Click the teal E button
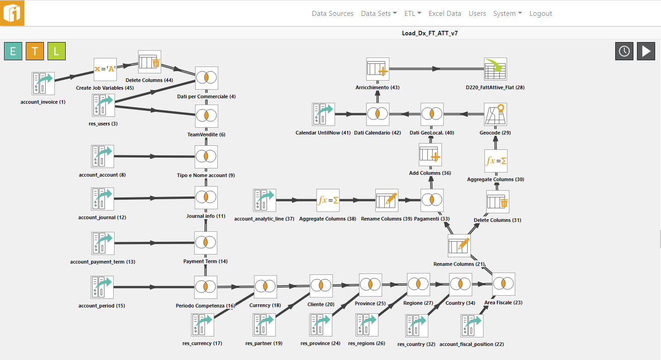13,51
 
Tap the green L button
57,51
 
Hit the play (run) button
646,51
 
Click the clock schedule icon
624,51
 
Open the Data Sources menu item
332,14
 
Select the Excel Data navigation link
445,14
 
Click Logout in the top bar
541,14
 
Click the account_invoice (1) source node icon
43,83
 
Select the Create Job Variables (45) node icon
105,69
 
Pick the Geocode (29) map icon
495,114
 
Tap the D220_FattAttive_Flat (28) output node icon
495,69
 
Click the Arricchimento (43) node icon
378,69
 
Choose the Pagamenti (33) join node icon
432,200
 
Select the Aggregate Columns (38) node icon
328,200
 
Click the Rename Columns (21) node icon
459,245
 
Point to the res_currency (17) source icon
202,325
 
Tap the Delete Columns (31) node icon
498,202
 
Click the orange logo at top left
12,13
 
